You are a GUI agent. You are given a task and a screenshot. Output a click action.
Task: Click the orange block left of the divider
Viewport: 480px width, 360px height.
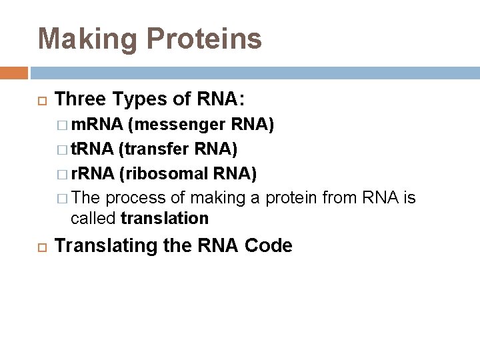click(14, 73)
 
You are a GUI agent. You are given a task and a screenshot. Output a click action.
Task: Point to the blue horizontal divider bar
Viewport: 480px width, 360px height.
click(253, 73)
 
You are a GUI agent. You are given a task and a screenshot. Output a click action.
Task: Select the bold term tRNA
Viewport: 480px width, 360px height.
click(93, 148)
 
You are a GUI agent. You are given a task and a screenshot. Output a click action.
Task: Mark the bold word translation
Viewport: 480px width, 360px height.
click(165, 219)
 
